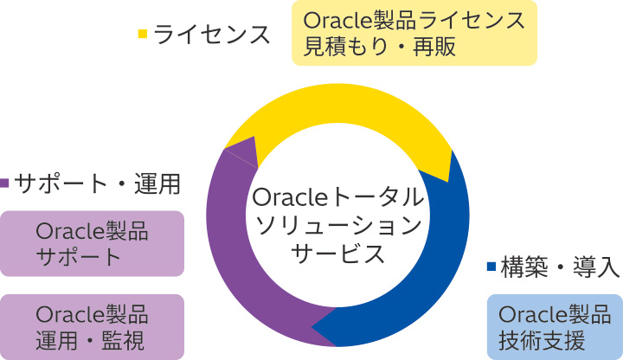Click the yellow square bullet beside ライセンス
pos(143,35)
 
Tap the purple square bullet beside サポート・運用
pos(5,183)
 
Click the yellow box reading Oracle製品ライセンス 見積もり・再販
pos(414,33)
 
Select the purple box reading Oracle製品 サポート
pos(92,243)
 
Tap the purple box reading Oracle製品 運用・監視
pos(92,326)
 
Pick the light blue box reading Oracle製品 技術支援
pos(555,326)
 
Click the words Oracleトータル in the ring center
pos(337,196)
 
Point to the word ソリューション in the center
pos(338,225)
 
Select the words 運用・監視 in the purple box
pos(92,339)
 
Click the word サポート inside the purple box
pos(79,257)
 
